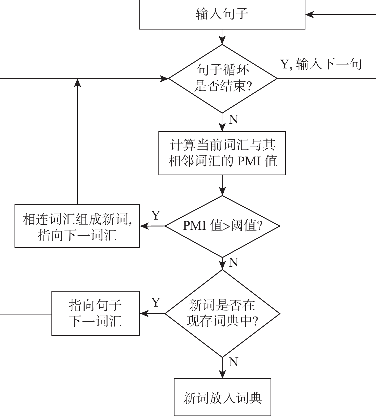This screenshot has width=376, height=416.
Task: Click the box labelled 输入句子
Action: pos(222,15)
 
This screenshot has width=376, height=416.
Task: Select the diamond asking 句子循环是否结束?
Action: pos(222,78)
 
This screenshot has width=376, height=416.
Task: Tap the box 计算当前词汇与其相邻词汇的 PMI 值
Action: pos(222,153)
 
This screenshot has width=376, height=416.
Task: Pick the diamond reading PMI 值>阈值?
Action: pos(222,226)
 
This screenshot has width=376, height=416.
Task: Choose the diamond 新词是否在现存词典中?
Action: pos(222,313)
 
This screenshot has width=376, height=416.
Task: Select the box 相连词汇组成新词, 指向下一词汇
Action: pos(77,226)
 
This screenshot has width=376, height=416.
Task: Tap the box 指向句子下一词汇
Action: pos(96,313)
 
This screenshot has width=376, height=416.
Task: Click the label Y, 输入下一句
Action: pos(321,64)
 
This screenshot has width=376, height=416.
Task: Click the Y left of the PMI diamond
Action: pos(156,216)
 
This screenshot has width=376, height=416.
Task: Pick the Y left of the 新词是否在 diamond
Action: pos(156,303)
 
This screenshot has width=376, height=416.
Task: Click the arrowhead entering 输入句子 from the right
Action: pos(309,15)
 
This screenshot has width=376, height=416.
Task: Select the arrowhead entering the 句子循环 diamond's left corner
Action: pos(165,79)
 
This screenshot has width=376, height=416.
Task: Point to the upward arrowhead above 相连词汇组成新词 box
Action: pos(77,83)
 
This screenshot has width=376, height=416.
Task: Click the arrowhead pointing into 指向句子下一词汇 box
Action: pos(144,313)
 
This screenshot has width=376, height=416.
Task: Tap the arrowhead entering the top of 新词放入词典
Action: pos(222,375)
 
